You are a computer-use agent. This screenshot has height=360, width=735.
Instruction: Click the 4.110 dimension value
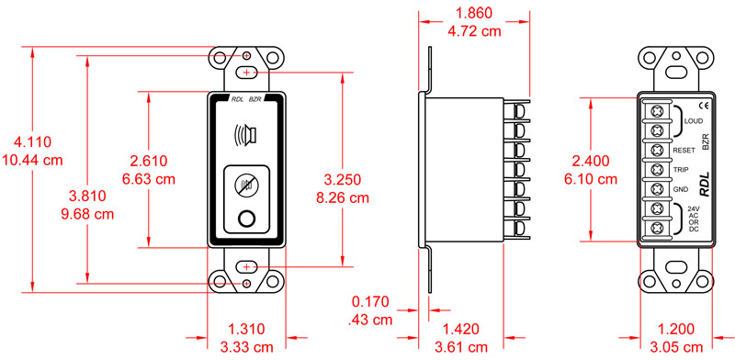(33, 141)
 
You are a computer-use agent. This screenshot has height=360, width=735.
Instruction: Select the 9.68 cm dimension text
(87, 214)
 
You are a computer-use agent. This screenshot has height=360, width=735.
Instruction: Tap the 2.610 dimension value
(148, 161)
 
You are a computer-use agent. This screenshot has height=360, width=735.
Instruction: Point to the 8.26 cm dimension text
(343, 197)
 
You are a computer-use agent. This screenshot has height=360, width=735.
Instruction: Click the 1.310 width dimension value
(246, 329)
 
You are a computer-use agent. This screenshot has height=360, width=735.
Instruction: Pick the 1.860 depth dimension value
(474, 13)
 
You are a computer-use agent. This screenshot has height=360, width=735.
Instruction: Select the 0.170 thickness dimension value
(371, 301)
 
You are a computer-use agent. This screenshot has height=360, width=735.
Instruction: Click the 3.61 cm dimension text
(461, 347)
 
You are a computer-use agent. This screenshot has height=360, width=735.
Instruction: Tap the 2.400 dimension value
(591, 162)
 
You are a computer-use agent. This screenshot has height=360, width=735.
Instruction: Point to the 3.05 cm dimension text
(676, 347)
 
